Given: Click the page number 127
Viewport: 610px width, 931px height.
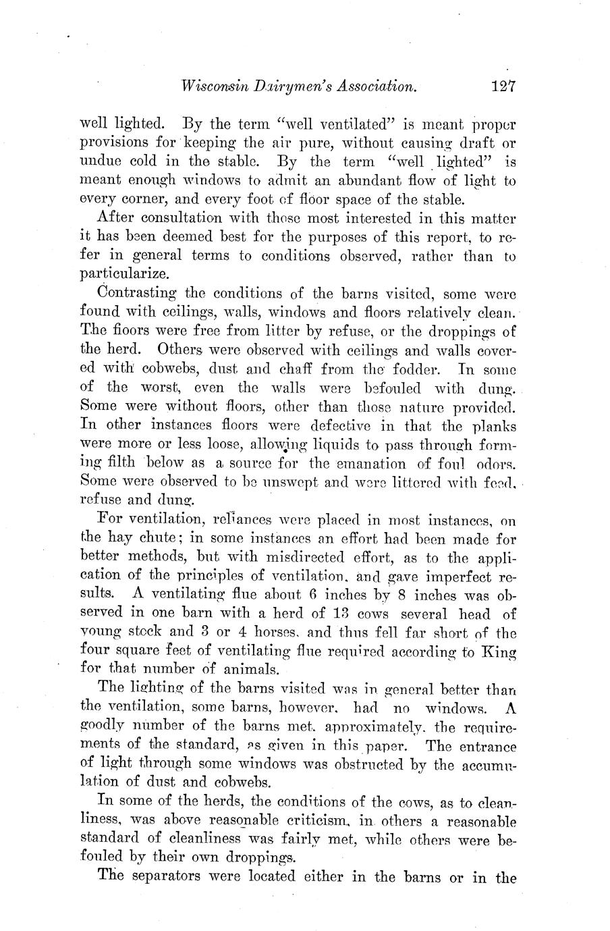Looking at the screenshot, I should click(x=503, y=86).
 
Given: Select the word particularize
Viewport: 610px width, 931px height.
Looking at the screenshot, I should click(x=122, y=275).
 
